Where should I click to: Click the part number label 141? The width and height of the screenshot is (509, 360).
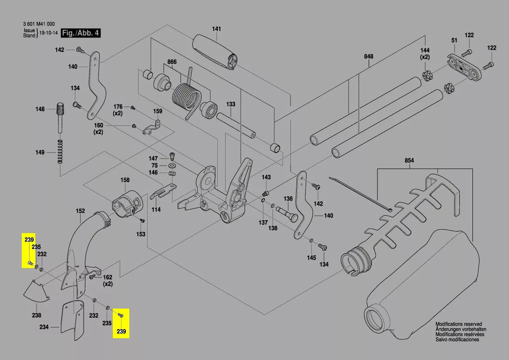coord(216,29)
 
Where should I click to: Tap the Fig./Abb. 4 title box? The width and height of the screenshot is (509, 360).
coord(81,33)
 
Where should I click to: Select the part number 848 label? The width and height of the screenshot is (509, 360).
coord(369,57)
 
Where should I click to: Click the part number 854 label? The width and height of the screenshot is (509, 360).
coord(409,161)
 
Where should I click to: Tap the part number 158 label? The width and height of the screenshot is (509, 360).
coord(125,180)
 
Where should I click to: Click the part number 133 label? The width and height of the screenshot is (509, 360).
coord(231,104)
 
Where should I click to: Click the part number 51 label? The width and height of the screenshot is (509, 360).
coord(454,41)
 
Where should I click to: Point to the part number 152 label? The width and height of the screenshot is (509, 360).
coord(80,211)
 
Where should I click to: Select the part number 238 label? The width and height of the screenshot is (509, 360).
coord(37,316)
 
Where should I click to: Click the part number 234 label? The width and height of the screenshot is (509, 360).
coord(44,326)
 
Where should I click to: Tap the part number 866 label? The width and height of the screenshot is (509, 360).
coord(172,62)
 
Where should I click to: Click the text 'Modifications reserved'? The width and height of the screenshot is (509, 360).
coord(458,324)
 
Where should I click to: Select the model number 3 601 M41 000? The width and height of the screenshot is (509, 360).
coord(39,24)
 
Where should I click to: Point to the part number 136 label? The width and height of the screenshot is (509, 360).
coord(288,199)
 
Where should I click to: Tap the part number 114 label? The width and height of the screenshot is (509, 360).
coord(156,210)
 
